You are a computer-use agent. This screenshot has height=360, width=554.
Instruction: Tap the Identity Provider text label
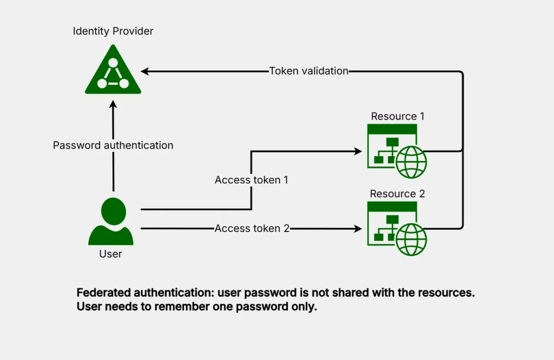[x=113, y=31]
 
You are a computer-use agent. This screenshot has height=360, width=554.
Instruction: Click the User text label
[x=111, y=254]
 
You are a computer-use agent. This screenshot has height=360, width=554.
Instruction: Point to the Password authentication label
[x=113, y=145]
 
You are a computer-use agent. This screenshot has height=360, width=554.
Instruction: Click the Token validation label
[x=309, y=71]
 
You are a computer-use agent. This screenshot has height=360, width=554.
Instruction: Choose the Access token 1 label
[x=252, y=180]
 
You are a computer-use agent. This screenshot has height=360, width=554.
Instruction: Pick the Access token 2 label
[x=252, y=229]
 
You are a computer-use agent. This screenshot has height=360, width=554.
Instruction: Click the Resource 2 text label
[x=397, y=194]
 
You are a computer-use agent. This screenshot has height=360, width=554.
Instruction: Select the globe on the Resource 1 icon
[x=411, y=162]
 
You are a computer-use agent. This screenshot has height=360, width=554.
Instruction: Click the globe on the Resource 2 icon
[x=411, y=239]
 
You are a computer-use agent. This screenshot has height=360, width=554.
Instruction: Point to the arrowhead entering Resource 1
[x=358, y=152]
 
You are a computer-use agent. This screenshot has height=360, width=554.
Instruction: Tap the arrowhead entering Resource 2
[x=358, y=229]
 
